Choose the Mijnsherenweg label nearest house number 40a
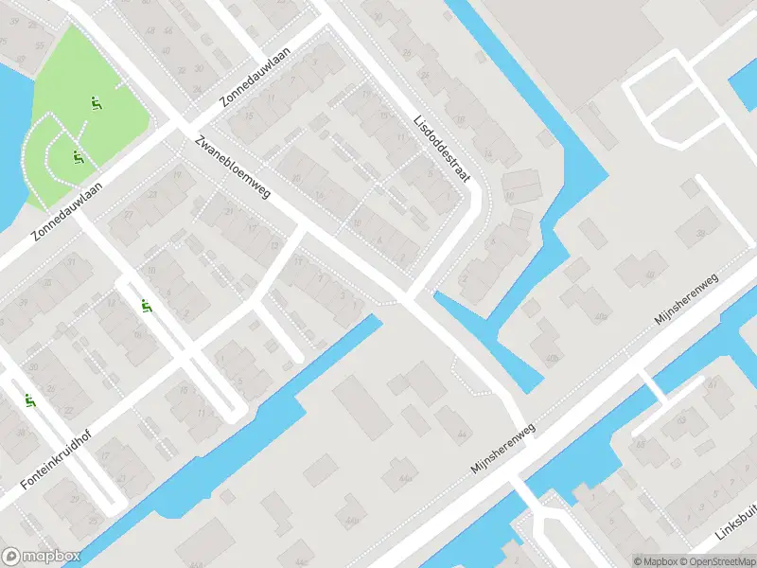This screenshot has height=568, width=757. coord(688,301)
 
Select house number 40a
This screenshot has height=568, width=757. coord(600,316)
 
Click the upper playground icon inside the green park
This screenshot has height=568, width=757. coord(95,102)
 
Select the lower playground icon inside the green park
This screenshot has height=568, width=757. coord(77,157)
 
